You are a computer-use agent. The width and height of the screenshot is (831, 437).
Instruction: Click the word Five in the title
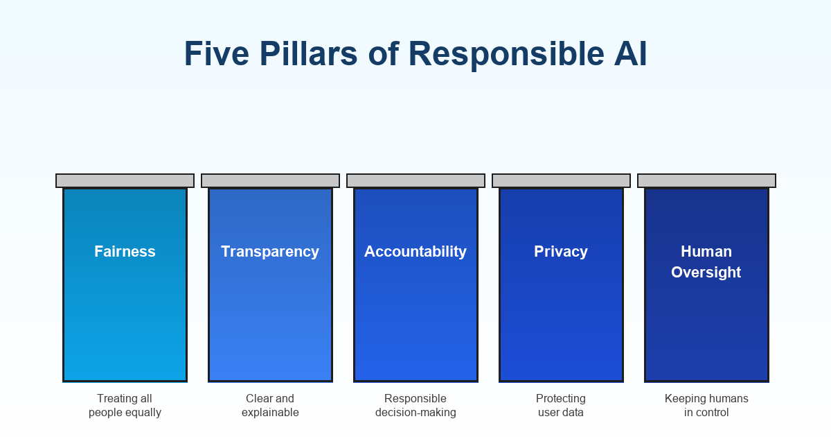tap(213, 54)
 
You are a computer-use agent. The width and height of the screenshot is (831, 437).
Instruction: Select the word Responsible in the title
tap(506, 54)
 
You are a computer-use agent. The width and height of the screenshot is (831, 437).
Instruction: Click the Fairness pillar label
tap(125, 251)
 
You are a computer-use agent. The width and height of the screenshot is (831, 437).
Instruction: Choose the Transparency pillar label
tap(270, 251)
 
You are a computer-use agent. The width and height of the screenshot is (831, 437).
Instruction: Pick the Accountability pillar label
tap(415, 251)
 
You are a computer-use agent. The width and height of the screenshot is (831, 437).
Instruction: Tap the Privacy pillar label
tap(561, 251)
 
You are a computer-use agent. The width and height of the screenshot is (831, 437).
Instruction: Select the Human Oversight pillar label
tap(706, 262)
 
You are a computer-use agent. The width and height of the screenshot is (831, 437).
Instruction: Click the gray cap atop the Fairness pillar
tap(125, 180)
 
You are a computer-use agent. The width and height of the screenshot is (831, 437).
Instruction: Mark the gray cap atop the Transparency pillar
tap(270, 180)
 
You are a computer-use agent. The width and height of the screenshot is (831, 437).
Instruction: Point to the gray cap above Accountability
tap(415, 180)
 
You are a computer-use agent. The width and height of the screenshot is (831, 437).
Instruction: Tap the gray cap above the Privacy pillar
tap(561, 180)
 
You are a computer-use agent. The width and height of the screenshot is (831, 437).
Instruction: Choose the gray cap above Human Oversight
tap(706, 180)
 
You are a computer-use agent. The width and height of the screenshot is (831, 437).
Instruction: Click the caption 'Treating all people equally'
tap(125, 405)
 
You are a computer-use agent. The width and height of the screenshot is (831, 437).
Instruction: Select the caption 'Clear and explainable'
tap(270, 405)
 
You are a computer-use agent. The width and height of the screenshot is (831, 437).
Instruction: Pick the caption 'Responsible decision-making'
tap(415, 405)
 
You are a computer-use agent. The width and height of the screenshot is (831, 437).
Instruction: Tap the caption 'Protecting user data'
tap(561, 405)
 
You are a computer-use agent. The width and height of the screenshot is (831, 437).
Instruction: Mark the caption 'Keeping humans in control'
tap(706, 405)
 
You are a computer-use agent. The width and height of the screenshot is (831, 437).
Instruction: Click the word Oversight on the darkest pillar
tap(706, 272)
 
